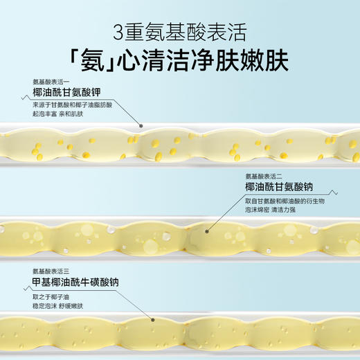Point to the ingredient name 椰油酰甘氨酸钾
click(x=65, y=93)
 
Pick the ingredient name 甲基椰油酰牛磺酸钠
click(x=75, y=282)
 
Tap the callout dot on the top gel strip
click(x=141, y=127)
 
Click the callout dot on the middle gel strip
click(x=205, y=228)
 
